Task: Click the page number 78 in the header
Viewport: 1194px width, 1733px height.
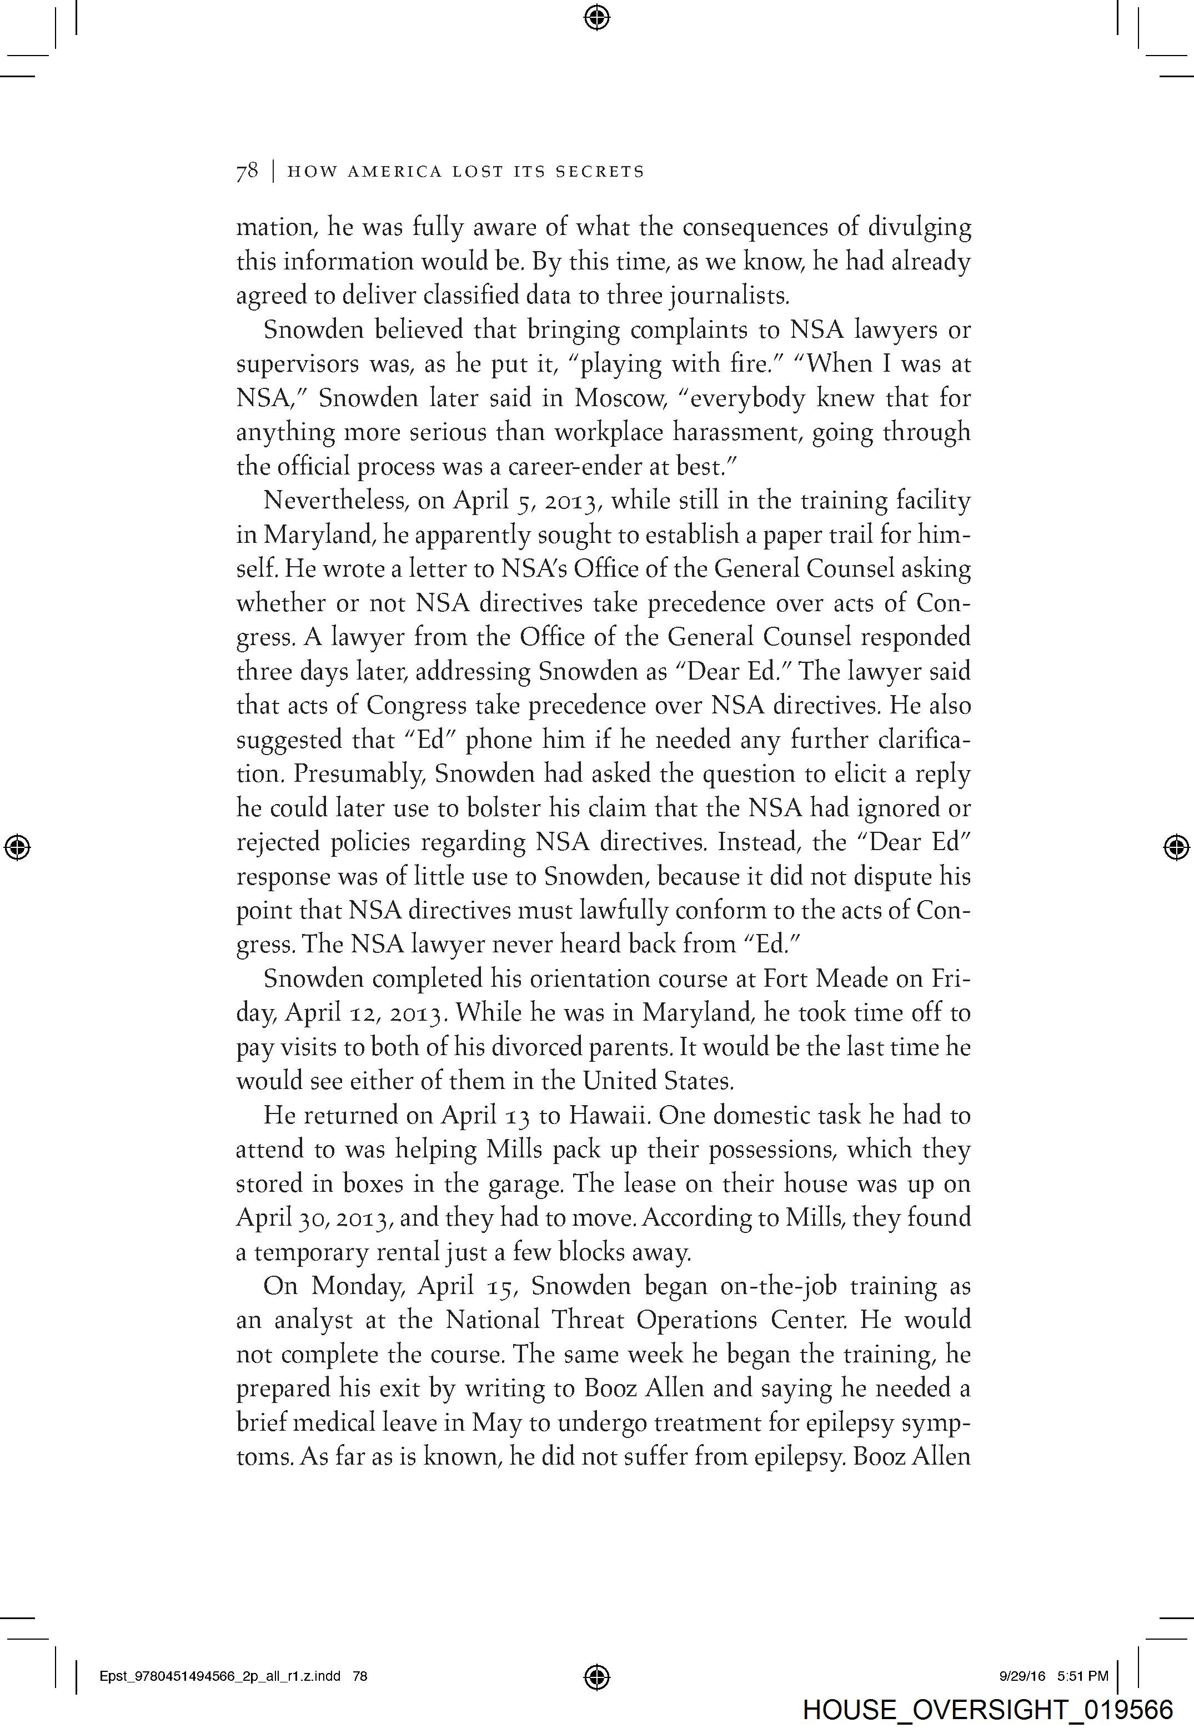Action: tap(247, 171)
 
